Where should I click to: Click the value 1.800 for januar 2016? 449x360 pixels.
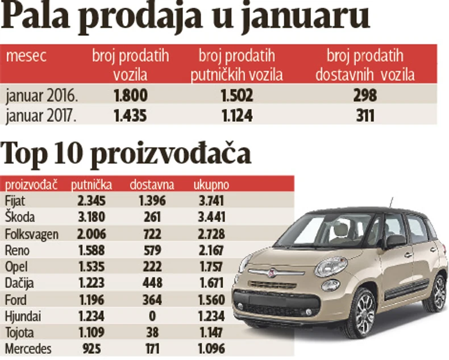point(131,96)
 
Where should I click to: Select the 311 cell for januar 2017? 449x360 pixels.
point(365,115)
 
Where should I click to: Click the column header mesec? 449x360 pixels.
point(26,56)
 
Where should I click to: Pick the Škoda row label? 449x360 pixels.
point(19,217)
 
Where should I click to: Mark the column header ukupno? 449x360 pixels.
point(211,184)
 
